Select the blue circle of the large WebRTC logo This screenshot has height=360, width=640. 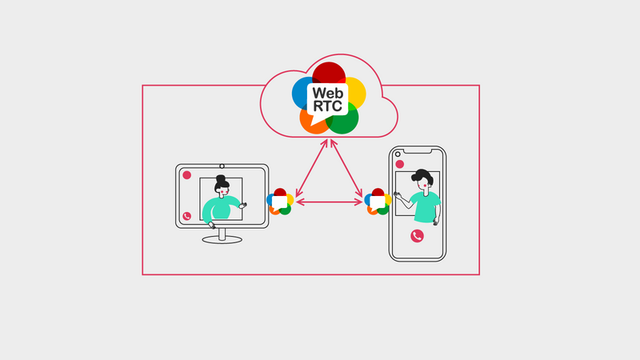click(x=302, y=93)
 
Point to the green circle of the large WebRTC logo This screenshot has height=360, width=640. click(x=345, y=122)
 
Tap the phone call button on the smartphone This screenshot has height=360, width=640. click(x=417, y=235)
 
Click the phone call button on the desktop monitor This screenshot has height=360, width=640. click(x=186, y=216)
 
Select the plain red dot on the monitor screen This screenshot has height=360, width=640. click(x=186, y=174)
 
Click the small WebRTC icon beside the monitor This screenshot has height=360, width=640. click(x=279, y=202)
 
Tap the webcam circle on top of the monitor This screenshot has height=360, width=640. click(x=222, y=165)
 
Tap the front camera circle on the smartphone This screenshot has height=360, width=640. click(x=397, y=151)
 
